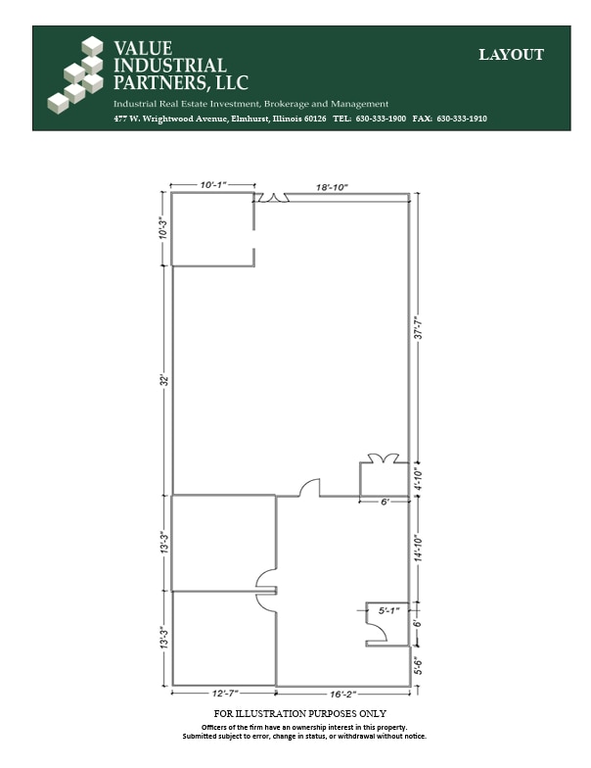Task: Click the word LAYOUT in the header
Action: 511,55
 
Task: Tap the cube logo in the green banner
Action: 77,71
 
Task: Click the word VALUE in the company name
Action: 143,48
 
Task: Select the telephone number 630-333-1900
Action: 381,119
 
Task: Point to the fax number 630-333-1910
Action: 461,119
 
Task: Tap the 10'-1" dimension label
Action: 213,184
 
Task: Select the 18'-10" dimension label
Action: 332,184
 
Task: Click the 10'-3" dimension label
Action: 162,228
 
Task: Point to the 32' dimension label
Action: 164,379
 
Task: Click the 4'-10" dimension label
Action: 418,479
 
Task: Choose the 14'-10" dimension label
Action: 418,550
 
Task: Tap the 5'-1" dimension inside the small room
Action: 388,610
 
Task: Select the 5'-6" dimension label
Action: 418,666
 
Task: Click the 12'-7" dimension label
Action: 223,694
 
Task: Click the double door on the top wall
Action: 273,198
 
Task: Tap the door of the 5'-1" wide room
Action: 377,633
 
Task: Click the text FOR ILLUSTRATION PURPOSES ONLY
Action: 299,714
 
